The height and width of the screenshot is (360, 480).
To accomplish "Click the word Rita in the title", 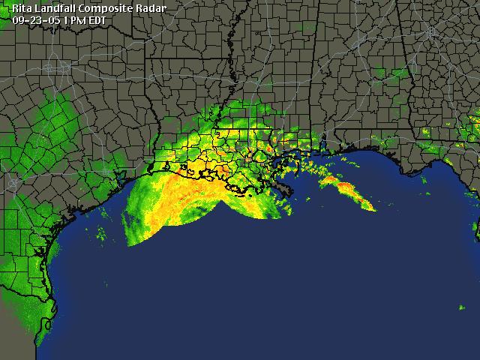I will (22, 9).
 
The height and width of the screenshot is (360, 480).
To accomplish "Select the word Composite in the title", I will (107, 9).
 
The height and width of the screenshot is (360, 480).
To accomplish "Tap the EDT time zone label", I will (97, 20).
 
